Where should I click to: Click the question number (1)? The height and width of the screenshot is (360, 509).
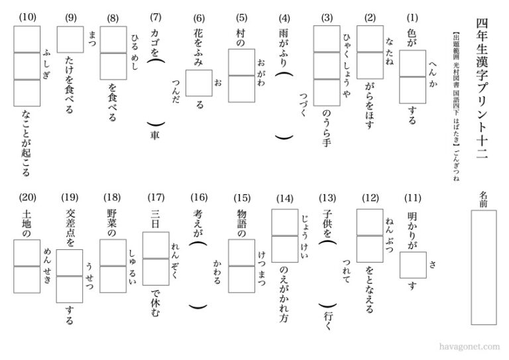412,17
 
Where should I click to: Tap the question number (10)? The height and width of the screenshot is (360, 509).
28,17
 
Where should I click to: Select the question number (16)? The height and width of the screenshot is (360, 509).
199,197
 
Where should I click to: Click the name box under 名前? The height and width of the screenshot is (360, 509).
484,267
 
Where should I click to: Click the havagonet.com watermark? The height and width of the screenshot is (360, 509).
469,347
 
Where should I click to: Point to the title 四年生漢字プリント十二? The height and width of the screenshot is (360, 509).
482,88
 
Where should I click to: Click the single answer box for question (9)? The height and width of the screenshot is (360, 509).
70,40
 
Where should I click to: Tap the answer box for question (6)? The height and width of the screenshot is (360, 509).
199,83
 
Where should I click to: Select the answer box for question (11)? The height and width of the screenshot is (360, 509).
413,265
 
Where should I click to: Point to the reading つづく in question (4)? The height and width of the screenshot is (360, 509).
304,104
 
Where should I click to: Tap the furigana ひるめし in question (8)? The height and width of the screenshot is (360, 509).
135,51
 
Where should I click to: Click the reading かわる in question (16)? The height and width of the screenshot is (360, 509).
217,271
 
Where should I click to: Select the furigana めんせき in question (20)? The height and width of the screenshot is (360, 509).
47,266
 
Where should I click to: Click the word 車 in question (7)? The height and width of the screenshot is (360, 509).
155,135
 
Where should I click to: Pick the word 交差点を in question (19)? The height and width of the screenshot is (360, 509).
70,227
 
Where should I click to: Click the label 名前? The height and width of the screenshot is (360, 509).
483,199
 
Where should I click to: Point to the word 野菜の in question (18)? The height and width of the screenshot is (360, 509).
112,223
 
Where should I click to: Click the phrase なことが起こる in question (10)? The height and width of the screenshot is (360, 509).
27,143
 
